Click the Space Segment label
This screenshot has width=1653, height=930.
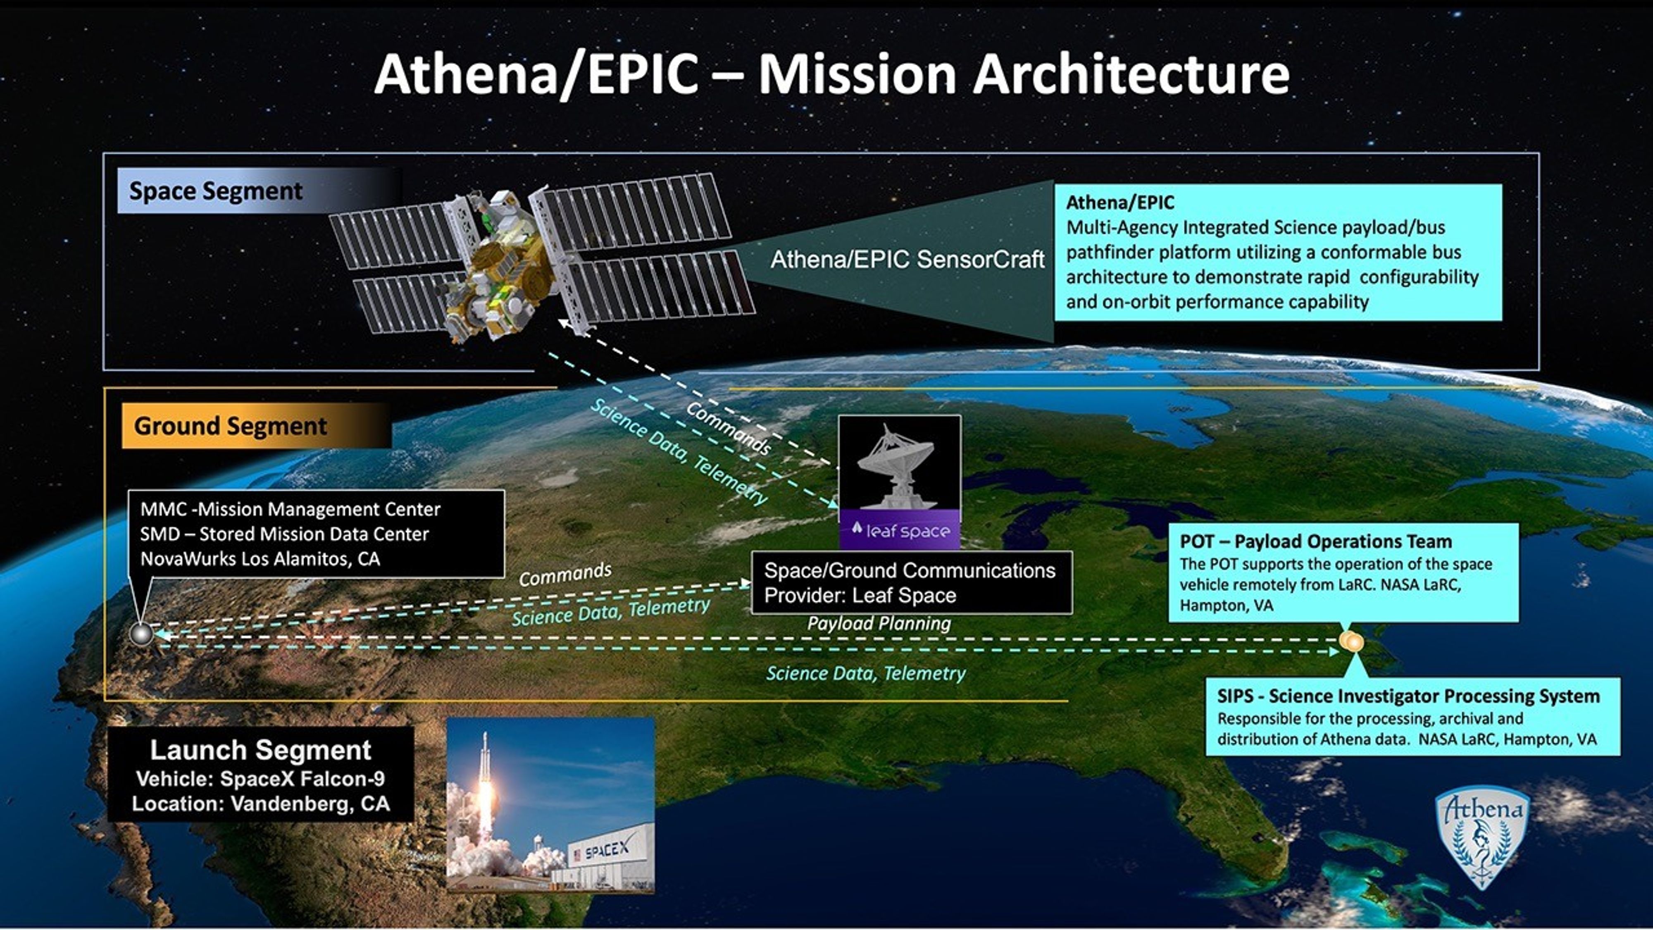click(x=216, y=191)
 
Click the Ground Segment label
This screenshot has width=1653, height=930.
click(x=230, y=426)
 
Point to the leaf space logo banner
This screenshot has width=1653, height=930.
click(x=900, y=531)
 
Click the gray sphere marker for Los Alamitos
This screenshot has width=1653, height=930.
click(x=141, y=634)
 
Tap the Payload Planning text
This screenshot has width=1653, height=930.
click(x=879, y=623)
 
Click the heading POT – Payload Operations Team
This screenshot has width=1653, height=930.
click(x=1315, y=541)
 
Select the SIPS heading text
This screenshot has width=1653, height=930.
click(x=1408, y=696)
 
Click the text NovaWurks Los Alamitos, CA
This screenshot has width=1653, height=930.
click(x=260, y=559)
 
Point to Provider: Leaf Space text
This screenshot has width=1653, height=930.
click(x=860, y=596)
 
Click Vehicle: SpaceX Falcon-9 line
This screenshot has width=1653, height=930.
click(x=260, y=779)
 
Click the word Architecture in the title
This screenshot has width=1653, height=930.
click(x=1131, y=75)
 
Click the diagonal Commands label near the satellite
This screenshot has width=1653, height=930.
click(x=728, y=429)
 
